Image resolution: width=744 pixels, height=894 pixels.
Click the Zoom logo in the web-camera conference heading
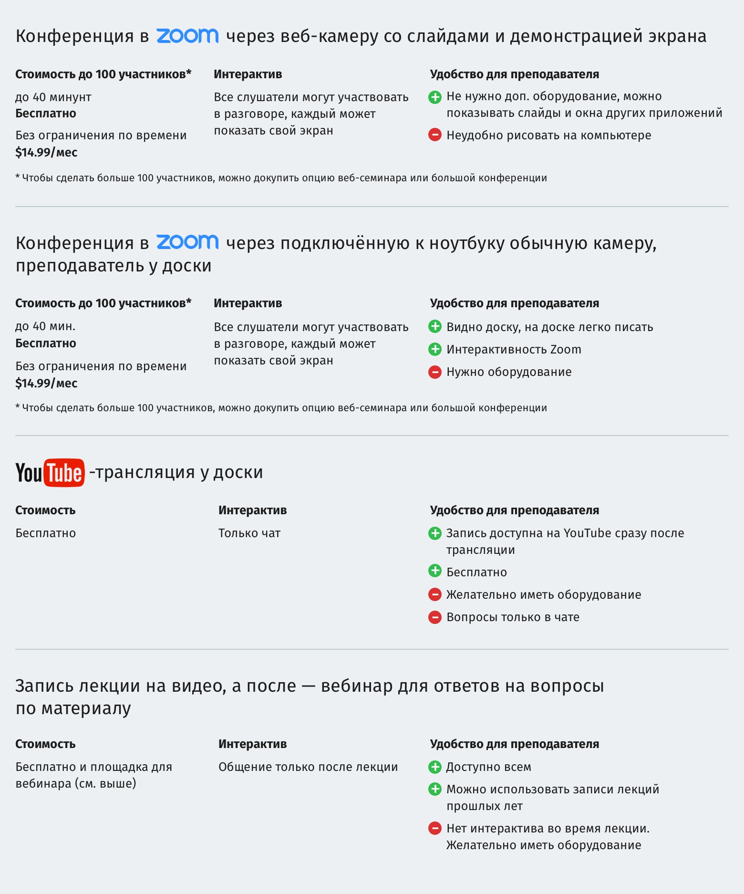click(x=187, y=36)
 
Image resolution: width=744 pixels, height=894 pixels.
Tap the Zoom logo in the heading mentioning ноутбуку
click(x=187, y=242)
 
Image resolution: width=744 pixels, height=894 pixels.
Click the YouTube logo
click(x=50, y=472)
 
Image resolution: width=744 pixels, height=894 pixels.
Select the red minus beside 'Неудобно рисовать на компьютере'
click(x=435, y=135)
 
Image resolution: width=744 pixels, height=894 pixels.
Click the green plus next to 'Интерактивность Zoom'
click(x=435, y=349)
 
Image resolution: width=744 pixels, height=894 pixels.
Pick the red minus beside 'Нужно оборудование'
click(x=435, y=372)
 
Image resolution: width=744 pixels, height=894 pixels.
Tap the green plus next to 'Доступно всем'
click(x=435, y=767)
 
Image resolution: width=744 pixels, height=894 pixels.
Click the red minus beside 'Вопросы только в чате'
click(x=435, y=617)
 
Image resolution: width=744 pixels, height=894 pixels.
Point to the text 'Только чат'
click(x=249, y=533)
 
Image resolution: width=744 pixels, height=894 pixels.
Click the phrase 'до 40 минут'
click(x=53, y=97)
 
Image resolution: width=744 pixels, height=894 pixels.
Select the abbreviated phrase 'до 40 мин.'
click(x=45, y=326)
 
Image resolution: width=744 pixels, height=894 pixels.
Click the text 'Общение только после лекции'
click(x=308, y=767)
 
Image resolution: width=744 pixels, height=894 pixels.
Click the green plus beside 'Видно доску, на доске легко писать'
click(x=435, y=327)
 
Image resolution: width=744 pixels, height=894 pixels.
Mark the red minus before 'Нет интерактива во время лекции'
click(x=435, y=828)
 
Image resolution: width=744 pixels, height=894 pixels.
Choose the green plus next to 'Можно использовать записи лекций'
click(x=435, y=789)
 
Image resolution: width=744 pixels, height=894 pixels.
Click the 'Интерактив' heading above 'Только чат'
click(x=253, y=510)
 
